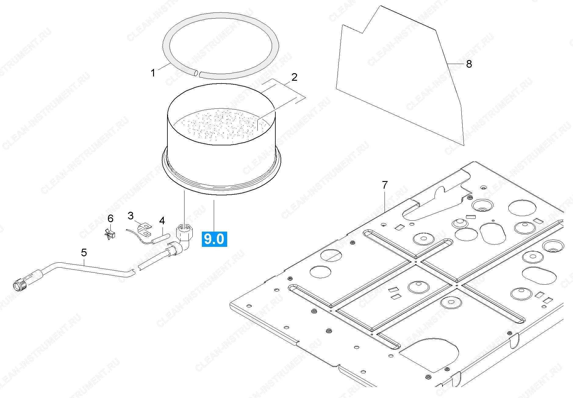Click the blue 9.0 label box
click(x=214, y=239)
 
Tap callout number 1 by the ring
click(x=153, y=73)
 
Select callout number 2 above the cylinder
click(x=294, y=77)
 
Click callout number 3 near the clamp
click(x=131, y=216)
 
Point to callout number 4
click(x=162, y=221)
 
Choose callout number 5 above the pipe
click(x=84, y=252)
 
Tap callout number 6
click(x=110, y=219)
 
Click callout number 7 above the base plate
click(x=385, y=185)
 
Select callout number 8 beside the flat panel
click(x=469, y=64)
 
